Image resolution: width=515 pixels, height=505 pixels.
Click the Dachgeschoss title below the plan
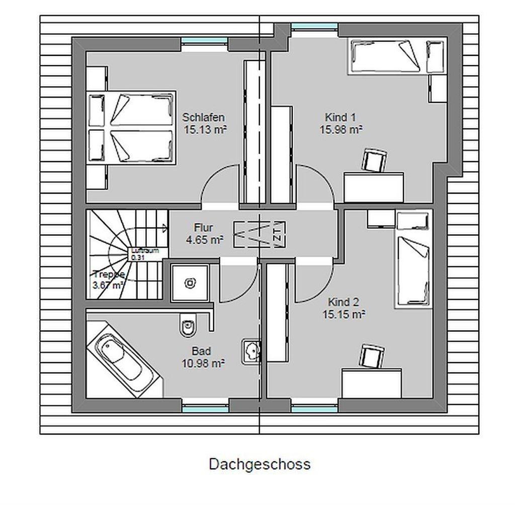point(260,464)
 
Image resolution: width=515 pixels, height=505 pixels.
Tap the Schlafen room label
point(203,117)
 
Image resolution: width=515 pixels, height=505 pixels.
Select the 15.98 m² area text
point(341,129)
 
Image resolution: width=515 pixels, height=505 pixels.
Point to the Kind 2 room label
point(343,302)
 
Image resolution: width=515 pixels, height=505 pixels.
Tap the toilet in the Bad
point(188,326)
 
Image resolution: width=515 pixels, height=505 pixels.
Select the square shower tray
point(190,283)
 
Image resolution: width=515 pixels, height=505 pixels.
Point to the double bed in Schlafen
point(132,127)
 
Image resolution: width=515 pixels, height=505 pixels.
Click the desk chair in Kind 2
point(372,357)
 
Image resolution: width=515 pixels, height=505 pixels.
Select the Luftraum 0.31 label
point(144,254)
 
